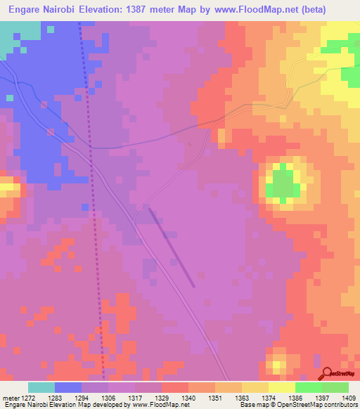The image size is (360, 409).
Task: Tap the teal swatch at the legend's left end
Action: [x=41, y=387]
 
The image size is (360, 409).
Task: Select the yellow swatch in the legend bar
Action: [x=281, y=387]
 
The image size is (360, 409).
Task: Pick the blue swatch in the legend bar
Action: [x=67, y=387]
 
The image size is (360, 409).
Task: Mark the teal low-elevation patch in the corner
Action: [x=18, y=35]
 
